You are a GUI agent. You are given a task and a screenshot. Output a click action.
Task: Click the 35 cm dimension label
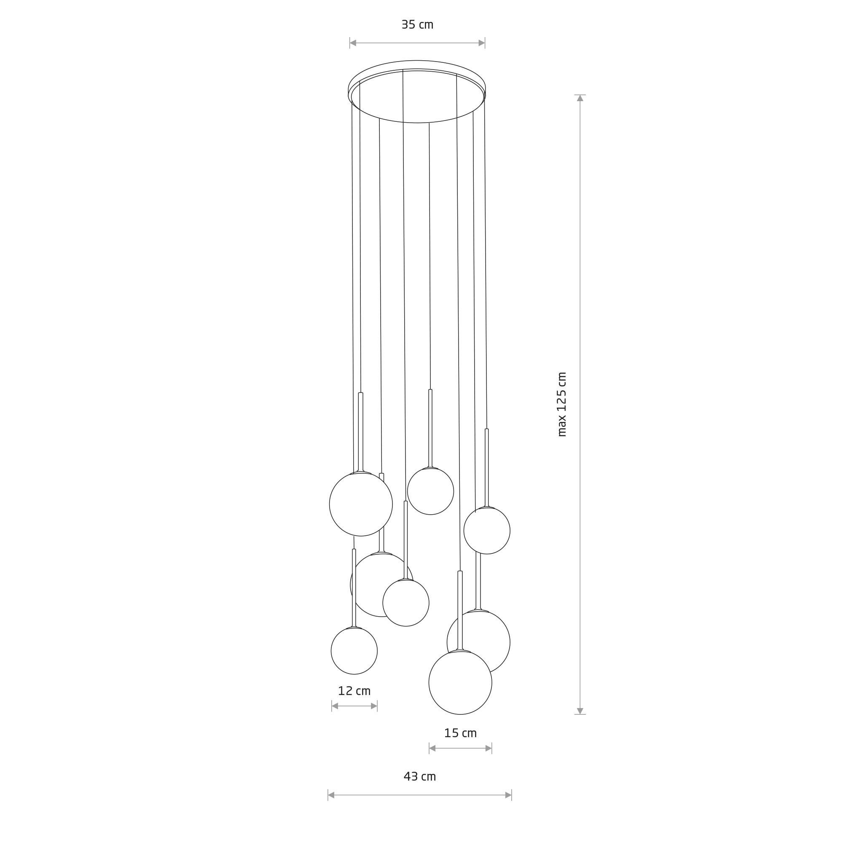tap(417, 25)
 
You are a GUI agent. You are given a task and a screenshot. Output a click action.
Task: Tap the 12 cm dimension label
tap(354, 691)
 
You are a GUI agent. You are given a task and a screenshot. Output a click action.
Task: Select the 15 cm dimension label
tap(460, 733)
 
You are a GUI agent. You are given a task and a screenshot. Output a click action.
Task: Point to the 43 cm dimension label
tap(420, 776)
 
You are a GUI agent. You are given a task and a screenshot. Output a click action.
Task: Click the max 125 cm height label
tap(562, 405)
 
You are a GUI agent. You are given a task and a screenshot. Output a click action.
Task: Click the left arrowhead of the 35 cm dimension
tap(353, 43)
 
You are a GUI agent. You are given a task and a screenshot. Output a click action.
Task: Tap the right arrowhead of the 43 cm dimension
tap(508, 795)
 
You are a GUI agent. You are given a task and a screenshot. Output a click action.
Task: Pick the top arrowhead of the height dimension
tap(580, 98)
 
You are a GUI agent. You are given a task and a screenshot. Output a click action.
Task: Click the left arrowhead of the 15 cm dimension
tap(432, 748)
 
